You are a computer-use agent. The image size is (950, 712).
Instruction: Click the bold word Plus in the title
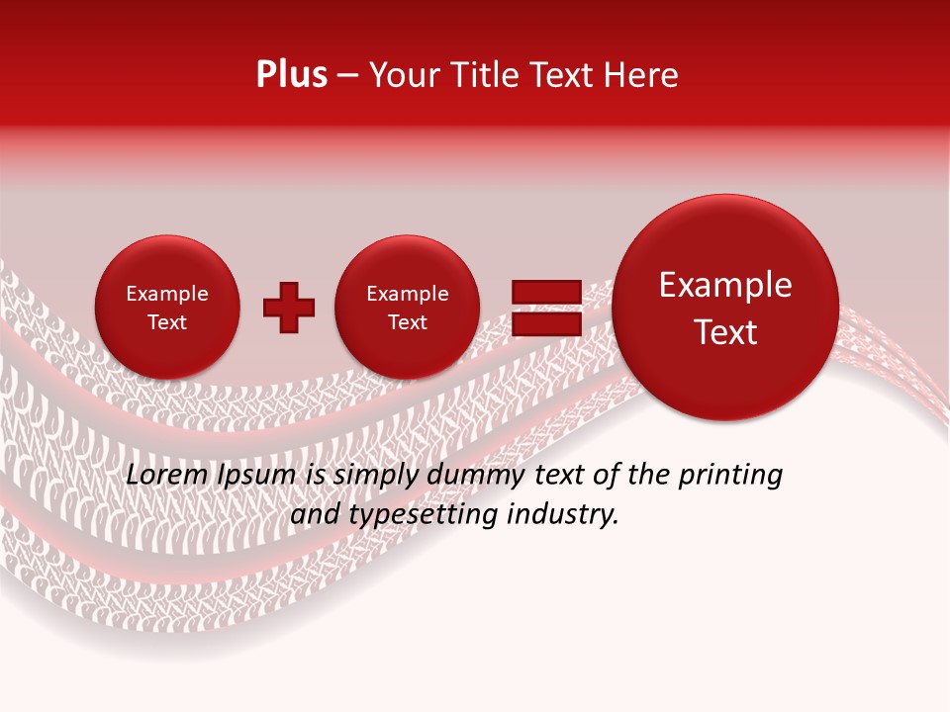click(291, 75)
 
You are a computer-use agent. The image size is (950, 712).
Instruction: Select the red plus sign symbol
click(288, 308)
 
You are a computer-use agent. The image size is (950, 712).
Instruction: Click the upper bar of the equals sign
click(545, 292)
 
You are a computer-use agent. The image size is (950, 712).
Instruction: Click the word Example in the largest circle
click(725, 285)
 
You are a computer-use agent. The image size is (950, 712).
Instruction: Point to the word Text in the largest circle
click(725, 332)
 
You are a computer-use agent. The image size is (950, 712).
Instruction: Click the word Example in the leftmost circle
click(166, 294)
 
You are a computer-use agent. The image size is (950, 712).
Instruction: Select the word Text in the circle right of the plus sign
click(407, 322)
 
